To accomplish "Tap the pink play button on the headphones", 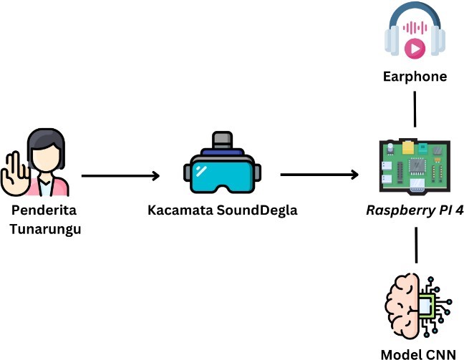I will pyautogui.click(x=415, y=48).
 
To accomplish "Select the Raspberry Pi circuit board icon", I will pyautogui.click(x=415, y=165).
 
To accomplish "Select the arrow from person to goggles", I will pyautogui.click(x=120, y=175).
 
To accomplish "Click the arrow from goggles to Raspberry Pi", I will pyautogui.click(x=319, y=175).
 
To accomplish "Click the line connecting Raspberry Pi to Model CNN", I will pyautogui.click(x=415, y=247).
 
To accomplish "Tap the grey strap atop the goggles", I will pyautogui.click(x=222, y=139).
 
